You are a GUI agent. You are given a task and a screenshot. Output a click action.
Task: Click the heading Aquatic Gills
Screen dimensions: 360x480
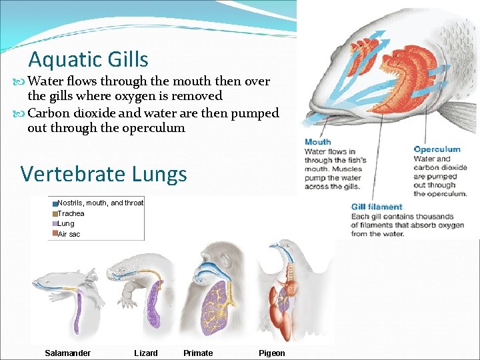(88, 60)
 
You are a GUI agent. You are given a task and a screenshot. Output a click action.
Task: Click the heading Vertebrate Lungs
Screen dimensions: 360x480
(103, 174)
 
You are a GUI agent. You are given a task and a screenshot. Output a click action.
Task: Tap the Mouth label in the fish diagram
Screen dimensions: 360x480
(317, 142)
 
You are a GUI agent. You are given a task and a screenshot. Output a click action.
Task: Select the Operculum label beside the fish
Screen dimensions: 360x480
(437, 149)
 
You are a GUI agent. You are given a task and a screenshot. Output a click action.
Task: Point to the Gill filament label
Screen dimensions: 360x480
(377, 207)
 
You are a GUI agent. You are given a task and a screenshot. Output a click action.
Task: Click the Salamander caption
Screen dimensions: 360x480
(67, 353)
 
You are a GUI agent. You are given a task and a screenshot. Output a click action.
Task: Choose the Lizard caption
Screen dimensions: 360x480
(146, 353)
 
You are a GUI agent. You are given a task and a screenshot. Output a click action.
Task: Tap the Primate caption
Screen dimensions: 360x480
(198, 353)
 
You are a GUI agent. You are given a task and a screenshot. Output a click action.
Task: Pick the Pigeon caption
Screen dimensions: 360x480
(271, 353)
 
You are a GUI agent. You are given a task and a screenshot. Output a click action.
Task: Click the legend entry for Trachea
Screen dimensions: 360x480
(71, 213)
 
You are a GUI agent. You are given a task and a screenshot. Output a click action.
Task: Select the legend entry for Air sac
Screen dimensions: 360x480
(69, 234)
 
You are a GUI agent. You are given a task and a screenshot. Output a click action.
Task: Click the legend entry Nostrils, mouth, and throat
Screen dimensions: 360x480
(100, 203)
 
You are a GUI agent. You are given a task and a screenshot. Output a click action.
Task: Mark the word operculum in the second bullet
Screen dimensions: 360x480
(154, 128)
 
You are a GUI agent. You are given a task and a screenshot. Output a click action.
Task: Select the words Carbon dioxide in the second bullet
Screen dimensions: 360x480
(69, 113)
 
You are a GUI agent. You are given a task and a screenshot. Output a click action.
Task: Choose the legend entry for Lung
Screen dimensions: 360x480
(66, 224)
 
